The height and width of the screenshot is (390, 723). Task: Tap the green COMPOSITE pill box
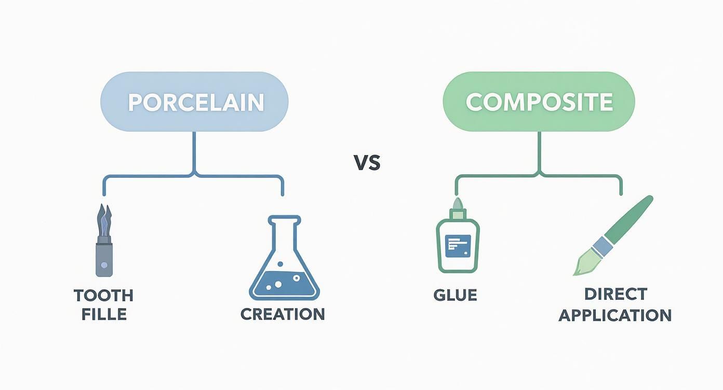(539, 102)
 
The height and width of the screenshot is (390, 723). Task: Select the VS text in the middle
(367, 163)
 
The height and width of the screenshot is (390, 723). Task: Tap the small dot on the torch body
(104, 264)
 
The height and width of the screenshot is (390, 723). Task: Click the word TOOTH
(104, 296)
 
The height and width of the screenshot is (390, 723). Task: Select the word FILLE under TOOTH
(104, 314)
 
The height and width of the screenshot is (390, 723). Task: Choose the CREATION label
(283, 314)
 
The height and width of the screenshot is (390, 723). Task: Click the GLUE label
(455, 295)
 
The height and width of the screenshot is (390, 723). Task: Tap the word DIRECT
(615, 294)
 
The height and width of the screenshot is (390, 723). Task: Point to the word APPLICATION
(615, 315)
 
